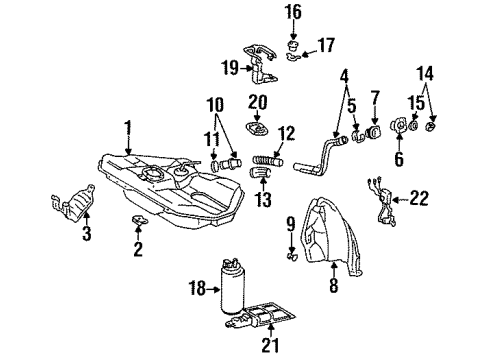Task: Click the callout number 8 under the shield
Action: pos(332,286)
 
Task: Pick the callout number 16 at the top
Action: pos(293,12)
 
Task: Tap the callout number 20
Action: pos(258,103)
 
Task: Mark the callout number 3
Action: pos(86,236)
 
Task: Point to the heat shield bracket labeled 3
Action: pos(70,206)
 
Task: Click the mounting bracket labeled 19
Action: pos(261,67)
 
